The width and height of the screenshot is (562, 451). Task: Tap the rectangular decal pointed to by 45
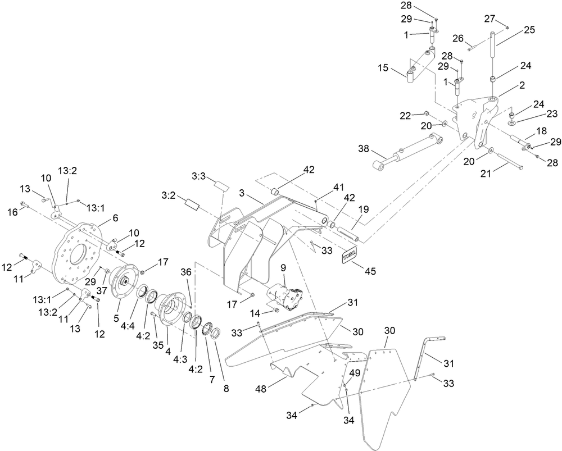pyautogui.click(x=347, y=256)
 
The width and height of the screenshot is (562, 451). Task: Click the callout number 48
pyautogui.click(x=260, y=388)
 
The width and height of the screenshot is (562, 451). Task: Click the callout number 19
pyautogui.click(x=364, y=209)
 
